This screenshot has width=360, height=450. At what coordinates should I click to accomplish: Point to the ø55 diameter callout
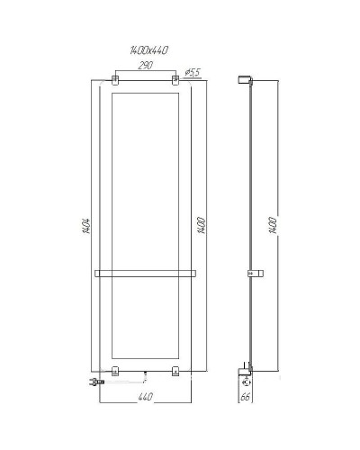(x=192, y=71)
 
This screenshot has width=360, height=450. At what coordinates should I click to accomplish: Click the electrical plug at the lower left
(x=91, y=382)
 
